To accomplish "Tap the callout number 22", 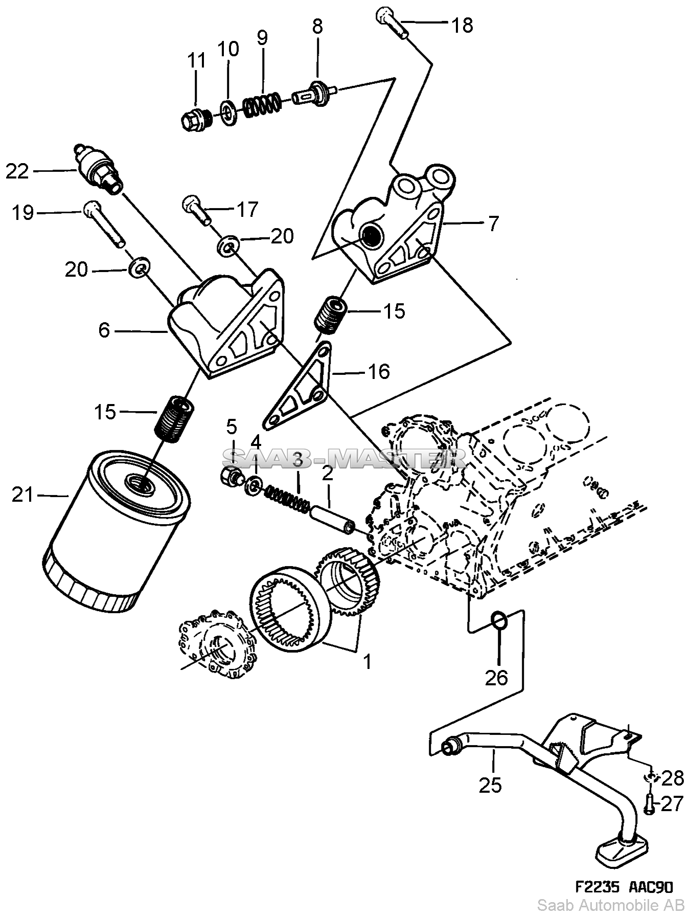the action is pos(17,171).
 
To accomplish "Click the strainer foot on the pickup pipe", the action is pos(618,852).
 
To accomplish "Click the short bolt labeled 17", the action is pos(197,210).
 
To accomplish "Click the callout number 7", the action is pos(493,224).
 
